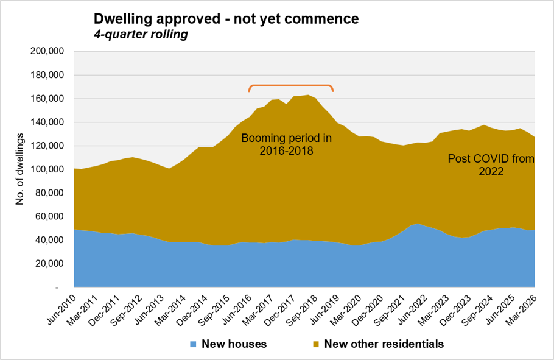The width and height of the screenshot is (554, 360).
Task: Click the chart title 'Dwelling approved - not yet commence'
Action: click(226, 19)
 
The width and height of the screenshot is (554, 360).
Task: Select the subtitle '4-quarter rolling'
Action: click(141, 34)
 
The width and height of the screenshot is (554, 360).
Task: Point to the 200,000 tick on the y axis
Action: click(47, 51)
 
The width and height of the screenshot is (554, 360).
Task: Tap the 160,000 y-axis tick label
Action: click(47, 98)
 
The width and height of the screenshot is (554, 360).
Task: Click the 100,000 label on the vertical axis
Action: click(47, 169)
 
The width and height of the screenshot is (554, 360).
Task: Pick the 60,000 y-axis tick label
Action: click(49, 216)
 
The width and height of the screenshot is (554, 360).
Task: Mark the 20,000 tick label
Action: click(49, 264)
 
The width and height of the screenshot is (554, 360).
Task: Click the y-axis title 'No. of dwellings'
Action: click(19, 169)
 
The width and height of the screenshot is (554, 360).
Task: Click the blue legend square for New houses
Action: click(193, 344)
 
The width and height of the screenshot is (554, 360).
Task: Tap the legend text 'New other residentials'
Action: click(384, 344)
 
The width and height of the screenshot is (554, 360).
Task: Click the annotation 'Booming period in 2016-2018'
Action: click(287, 144)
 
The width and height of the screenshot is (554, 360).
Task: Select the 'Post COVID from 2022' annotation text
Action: click(491, 165)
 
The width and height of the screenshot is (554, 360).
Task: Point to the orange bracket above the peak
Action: click(291, 85)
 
